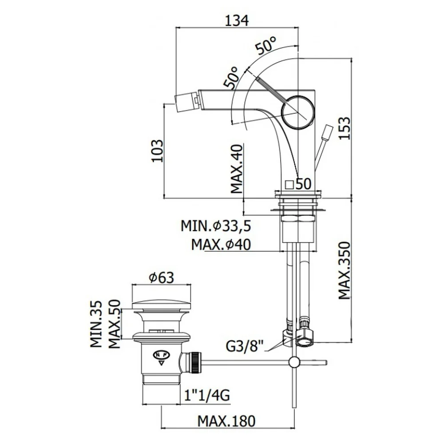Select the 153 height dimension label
click(x=345, y=128)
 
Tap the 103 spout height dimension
click(x=158, y=151)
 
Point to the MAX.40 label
click(x=237, y=169)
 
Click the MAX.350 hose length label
click(x=345, y=270)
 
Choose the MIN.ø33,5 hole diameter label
click(x=216, y=226)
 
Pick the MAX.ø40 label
click(x=221, y=245)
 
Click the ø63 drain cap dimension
click(x=162, y=278)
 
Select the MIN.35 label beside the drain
click(x=96, y=324)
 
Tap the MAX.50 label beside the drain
click(x=114, y=324)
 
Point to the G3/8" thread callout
click(x=245, y=346)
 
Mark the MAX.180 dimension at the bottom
click(x=226, y=421)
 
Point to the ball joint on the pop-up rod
click(x=294, y=362)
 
